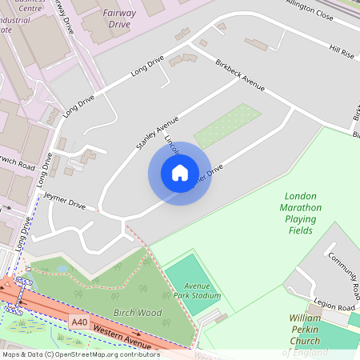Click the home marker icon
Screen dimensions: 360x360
click(180, 173)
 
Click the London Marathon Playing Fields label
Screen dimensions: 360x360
click(301, 213)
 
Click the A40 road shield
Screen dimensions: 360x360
click(78, 321)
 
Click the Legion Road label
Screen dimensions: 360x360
click(334, 308)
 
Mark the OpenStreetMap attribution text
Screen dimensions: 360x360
click(81, 354)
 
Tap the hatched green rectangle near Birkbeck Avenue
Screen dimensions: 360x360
click(227, 125)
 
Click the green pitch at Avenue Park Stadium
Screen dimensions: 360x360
click(190, 277)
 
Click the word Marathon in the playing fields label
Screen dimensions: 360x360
click(301, 207)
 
